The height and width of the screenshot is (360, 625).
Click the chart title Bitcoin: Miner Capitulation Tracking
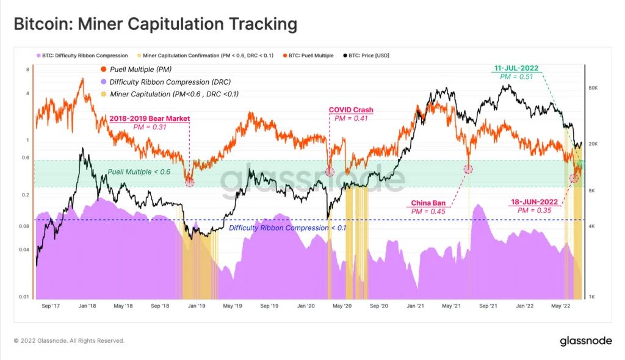[x=155, y=24]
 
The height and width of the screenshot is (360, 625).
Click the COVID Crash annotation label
[x=351, y=110]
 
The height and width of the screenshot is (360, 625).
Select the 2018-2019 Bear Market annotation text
[x=150, y=118]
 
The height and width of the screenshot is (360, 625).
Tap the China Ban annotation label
[x=427, y=203]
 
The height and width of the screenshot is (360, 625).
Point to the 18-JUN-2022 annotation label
[x=534, y=201]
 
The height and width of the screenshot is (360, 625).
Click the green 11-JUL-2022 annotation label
[x=516, y=68]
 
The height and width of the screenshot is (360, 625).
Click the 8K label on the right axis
[x=591, y=191]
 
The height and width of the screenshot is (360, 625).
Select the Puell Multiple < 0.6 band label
[x=139, y=172]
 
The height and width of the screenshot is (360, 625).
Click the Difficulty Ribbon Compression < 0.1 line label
[x=287, y=228]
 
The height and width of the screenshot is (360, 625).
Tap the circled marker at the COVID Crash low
[x=330, y=172]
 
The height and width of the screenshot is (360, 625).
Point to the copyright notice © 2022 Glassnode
[x=69, y=340]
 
